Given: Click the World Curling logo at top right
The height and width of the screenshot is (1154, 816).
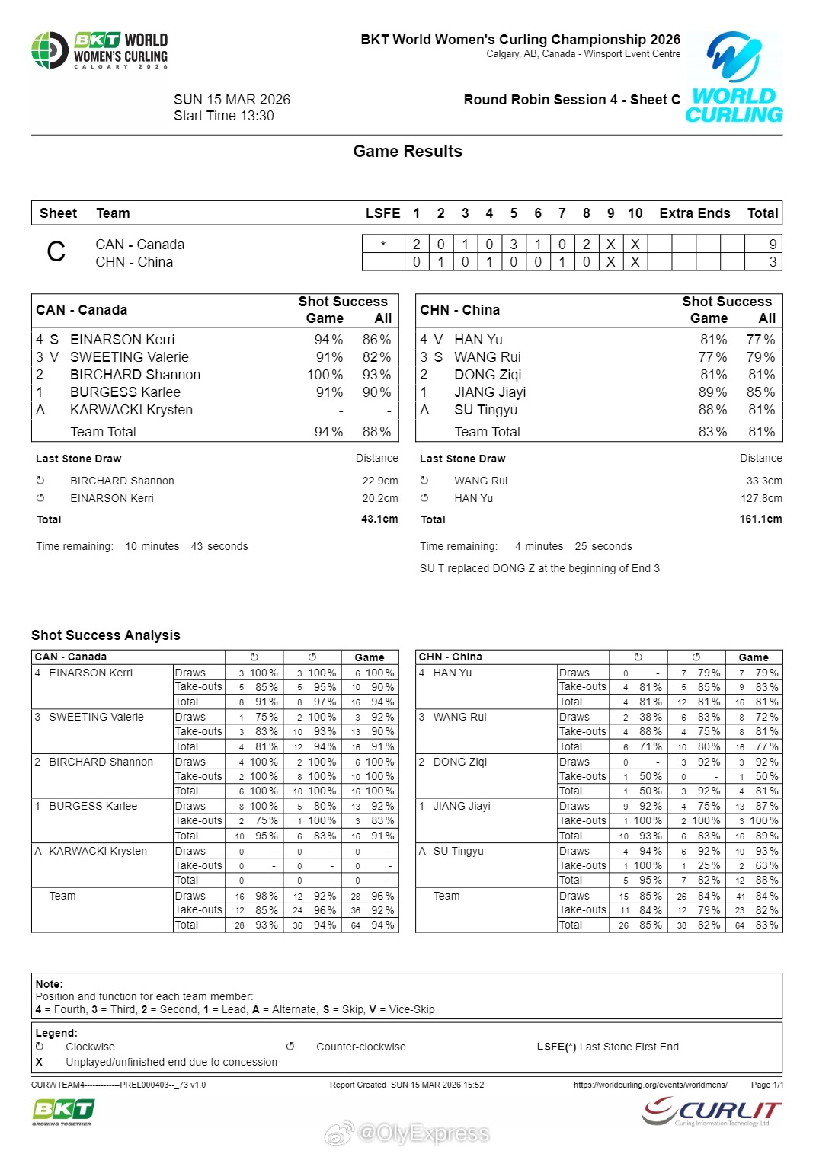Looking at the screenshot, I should click(x=734, y=78).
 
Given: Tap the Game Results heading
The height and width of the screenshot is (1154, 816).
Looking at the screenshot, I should click(x=408, y=152).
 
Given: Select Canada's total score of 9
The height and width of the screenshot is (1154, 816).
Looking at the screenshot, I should click(x=773, y=245).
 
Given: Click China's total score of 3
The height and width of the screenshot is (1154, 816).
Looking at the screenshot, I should click(x=773, y=262).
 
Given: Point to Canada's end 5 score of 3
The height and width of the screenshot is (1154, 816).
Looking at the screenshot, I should click(x=514, y=245).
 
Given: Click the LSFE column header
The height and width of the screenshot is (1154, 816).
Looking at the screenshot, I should click(x=382, y=213).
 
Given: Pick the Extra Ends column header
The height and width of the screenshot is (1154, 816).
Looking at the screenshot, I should click(x=694, y=213).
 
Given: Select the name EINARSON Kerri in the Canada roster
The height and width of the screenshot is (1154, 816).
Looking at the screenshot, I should click(x=122, y=340).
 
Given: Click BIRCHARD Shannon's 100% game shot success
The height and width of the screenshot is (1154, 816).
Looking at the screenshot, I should click(x=325, y=375).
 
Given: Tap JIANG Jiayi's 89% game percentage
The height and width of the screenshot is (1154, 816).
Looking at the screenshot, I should click(x=712, y=392).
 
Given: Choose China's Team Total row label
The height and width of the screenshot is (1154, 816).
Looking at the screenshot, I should click(x=487, y=432).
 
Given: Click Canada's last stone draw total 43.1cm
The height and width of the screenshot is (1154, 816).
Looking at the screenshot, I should click(x=379, y=519).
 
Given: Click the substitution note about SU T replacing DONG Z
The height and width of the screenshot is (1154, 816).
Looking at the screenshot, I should click(x=539, y=568).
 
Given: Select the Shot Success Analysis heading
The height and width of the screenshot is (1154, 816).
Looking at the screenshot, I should click(x=106, y=635).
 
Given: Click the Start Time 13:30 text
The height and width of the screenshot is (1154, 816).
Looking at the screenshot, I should click(x=223, y=116).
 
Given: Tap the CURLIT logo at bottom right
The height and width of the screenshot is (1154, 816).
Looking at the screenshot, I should click(x=712, y=1111).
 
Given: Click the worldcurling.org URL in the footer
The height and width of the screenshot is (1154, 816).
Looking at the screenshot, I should click(x=650, y=1085).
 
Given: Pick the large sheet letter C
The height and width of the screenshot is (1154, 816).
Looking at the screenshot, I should click(x=56, y=252).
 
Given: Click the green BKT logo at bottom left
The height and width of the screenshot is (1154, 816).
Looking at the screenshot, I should click(x=62, y=1111).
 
